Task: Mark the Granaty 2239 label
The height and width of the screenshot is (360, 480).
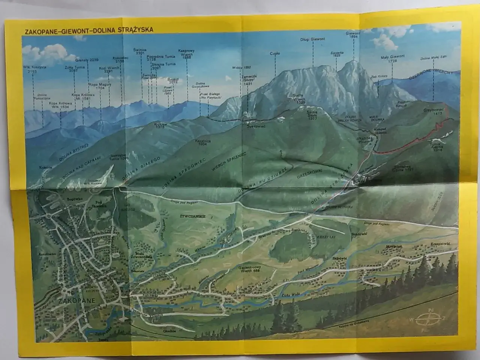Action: coord(87,60)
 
